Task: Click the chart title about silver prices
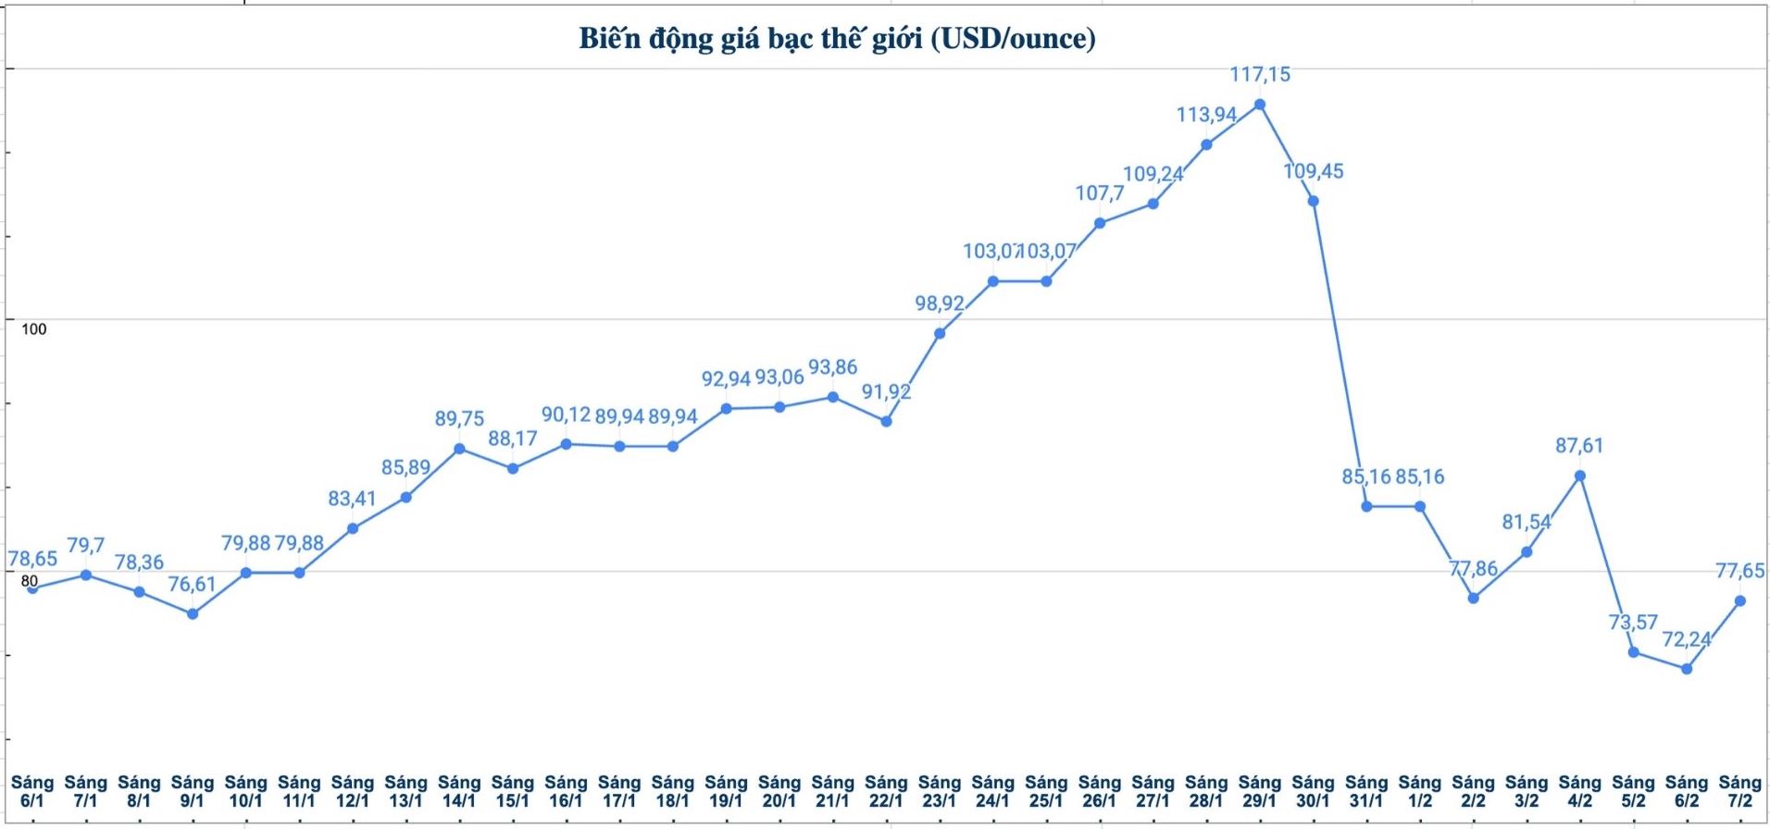[837, 39]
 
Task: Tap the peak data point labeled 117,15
[1259, 105]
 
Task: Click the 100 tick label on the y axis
[33, 329]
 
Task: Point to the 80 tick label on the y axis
[30, 581]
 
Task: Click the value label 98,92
[939, 303]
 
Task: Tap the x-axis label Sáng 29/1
[1259, 792]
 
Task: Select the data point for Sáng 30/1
[1313, 201]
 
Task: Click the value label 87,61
[1578, 446]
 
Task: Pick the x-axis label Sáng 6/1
[31, 792]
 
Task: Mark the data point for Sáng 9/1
[193, 613]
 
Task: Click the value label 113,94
[1205, 115]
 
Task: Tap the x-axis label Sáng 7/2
[1739, 792]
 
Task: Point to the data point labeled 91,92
[886, 421]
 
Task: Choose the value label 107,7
[1099, 193]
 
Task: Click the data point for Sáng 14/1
[459, 449]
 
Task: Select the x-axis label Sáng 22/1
[886, 792]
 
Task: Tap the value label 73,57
[1632, 622]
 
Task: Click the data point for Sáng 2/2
[1473, 598]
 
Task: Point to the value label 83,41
[352, 499]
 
